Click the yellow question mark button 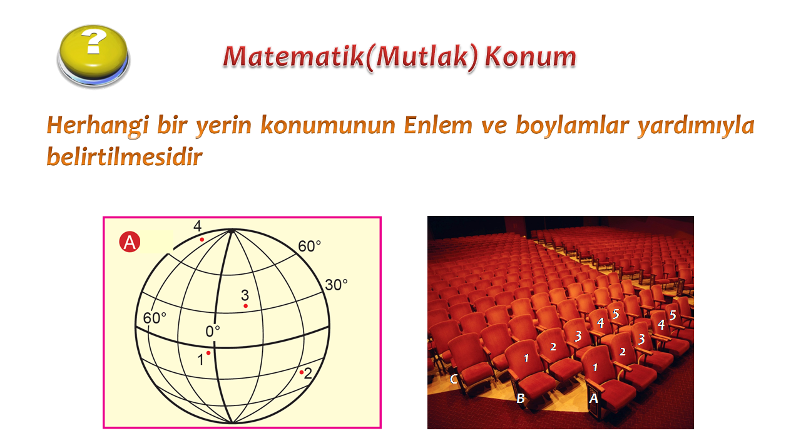click(94, 56)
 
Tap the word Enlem click(438, 125)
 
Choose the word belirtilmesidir click(125, 156)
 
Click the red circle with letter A click(130, 242)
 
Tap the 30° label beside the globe click(336, 285)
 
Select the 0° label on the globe click(213, 332)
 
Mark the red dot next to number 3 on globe click(246, 306)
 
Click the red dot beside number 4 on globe click(202, 240)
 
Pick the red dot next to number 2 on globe click(302, 372)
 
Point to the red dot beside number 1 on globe click(208, 354)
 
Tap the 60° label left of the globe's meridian click(155, 318)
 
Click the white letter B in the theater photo click(520, 398)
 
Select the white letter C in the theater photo click(454, 379)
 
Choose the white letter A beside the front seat click(594, 398)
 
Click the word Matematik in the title click(294, 56)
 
